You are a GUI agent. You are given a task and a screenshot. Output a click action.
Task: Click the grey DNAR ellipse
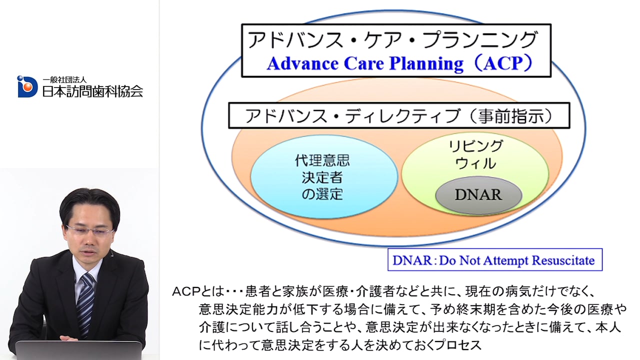(479, 195)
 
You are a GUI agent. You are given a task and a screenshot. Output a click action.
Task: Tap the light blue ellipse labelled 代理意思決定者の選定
(324, 177)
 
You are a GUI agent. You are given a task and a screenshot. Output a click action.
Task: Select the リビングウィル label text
(475, 154)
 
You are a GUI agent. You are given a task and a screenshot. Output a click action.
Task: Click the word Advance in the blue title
(303, 63)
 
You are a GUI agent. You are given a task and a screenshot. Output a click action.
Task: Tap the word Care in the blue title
(363, 63)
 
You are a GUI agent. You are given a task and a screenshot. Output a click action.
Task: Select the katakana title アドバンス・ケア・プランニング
(392, 39)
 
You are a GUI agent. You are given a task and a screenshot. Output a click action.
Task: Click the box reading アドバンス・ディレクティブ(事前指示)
(399, 115)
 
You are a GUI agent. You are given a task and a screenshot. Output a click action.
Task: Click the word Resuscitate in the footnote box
(563, 260)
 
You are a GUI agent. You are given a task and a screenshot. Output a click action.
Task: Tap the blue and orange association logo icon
(27, 86)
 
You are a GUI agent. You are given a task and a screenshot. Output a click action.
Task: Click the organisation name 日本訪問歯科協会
(92, 91)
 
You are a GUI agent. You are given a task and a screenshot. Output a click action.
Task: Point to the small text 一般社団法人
(64, 79)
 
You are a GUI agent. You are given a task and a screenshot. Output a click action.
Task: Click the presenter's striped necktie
(85, 303)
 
